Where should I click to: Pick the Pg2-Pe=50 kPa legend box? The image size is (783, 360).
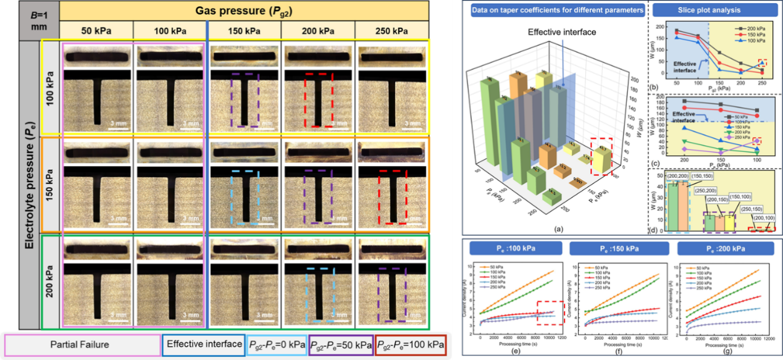[341, 344]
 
